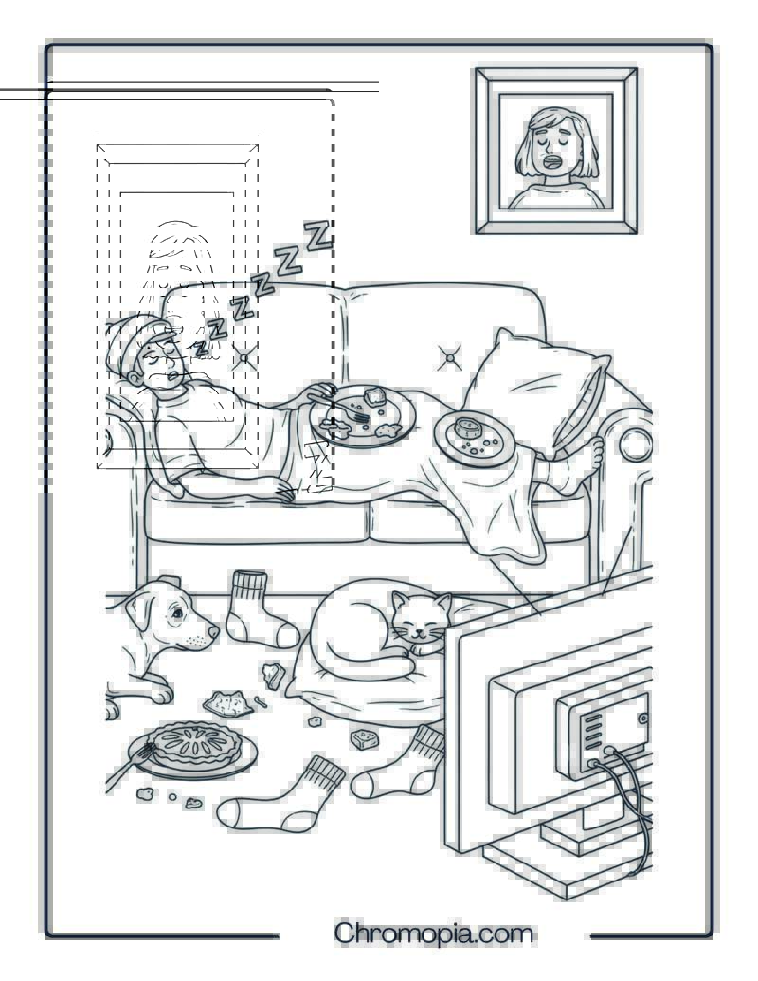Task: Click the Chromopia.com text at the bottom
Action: (433, 934)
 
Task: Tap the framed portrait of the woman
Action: (556, 151)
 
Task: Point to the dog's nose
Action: (212, 630)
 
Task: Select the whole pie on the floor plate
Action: (195, 743)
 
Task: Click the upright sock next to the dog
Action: (259, 609)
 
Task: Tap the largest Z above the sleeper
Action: (318, 235)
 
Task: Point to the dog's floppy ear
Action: (140, 609)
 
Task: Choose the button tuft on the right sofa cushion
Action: (449, 357)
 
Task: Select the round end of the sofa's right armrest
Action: (635, 445)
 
